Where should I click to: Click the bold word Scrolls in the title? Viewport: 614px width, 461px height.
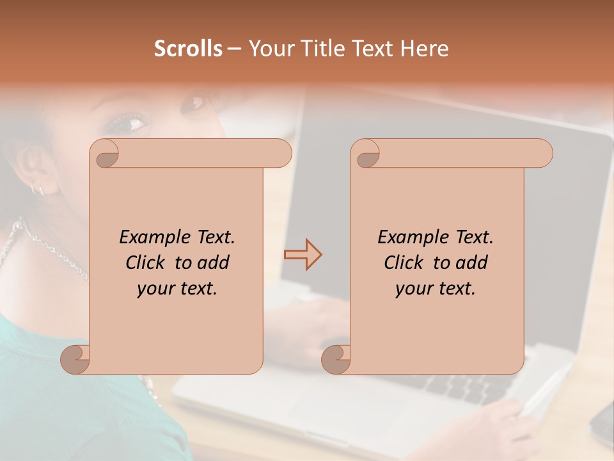(188, 49)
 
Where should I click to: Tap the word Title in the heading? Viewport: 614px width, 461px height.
(318, 49)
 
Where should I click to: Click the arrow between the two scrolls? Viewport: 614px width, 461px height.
(303, 255)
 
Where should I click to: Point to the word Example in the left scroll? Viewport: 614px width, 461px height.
(153, 238)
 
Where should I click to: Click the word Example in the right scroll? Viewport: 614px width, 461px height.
(412, 238)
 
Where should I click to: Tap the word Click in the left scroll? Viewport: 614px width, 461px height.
(147, 263)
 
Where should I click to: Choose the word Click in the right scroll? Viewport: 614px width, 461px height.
(405, 263)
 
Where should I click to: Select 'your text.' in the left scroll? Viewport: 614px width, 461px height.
(177, 289)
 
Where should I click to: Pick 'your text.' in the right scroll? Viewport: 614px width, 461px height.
(436, 289)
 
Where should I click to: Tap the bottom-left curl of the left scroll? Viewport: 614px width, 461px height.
(75, 359)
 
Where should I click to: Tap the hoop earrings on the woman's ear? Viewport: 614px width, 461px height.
(37, 188)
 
